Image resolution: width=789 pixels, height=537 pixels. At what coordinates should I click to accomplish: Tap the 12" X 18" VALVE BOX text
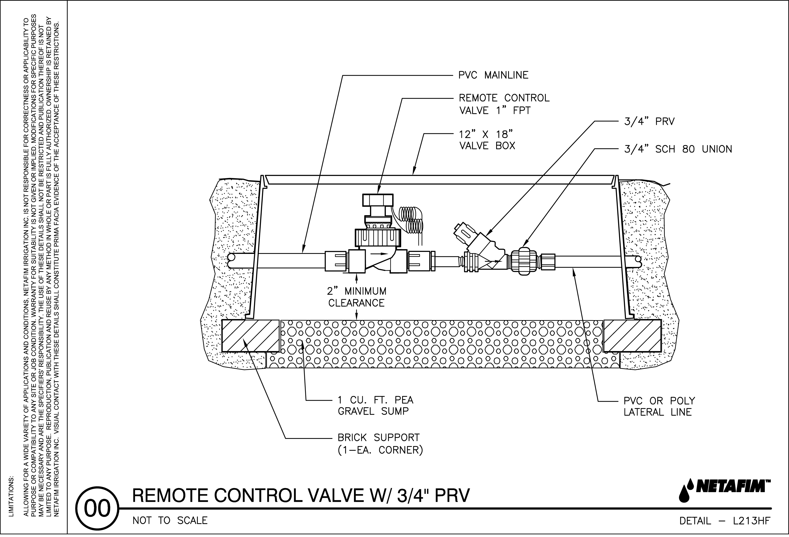coord(487,140)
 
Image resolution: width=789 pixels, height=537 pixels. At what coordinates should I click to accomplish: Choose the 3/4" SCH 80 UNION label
coord(678,149)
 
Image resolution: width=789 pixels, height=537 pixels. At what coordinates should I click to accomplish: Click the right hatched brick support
coord(632,336)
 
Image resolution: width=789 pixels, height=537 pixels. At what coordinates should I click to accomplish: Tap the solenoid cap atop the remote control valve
coord(377,200)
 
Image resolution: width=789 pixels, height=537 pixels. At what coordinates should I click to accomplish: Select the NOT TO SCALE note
coord(170,520)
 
